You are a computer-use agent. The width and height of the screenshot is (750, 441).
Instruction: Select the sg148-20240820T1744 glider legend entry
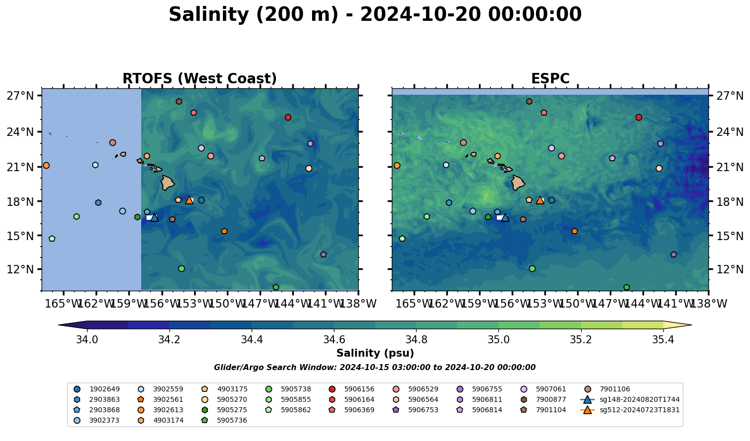pos(639,400)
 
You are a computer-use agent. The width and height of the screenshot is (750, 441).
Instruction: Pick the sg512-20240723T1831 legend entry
pos(639,410)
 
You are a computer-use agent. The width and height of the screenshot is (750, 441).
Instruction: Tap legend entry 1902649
pos(104,389)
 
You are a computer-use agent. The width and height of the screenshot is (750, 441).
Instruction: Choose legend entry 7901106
pos(614,389)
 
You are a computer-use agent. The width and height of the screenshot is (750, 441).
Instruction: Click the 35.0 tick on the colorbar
pos(498,340)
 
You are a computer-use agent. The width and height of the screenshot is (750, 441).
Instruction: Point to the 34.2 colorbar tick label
pos(169,340)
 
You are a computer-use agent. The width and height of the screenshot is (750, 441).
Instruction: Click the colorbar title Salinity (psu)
pos(375,353)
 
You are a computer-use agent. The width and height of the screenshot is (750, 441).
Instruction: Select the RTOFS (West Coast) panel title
pos(200,79)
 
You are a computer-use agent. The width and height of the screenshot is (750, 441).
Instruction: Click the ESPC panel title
pos(550,79)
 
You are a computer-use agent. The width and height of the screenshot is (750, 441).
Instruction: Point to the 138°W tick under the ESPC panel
pos(708,303)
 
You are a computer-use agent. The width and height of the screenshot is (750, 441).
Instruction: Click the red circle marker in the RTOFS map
pos(288,118)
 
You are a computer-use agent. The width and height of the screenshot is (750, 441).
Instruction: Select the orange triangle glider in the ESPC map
pos(540,200)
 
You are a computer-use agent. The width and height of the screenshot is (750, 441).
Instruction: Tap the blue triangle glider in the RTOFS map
pos(155,218)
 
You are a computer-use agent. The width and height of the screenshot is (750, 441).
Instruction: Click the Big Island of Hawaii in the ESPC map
pos(518,183)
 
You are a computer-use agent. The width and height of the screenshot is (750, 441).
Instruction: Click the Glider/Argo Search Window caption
pos(375,368)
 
